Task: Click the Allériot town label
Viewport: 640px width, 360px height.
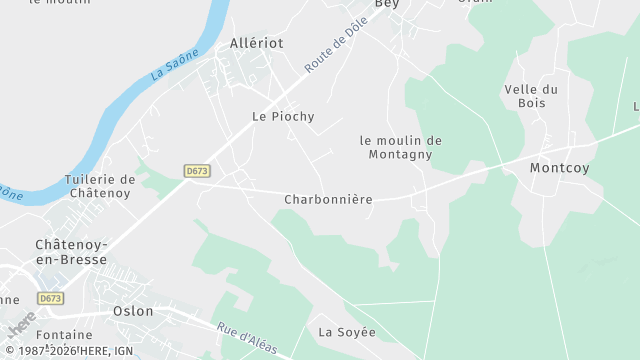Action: [257, 43]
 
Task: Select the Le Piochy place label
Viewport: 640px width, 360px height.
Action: [283, 117]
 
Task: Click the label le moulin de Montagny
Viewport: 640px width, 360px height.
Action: [400, 147]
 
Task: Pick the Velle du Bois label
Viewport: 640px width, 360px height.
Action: [531, 96]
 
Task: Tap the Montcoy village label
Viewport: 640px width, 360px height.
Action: [559, 168]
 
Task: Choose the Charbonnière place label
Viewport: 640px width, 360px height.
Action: [328, 200]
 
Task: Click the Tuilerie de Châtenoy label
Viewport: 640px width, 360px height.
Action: [99, 186]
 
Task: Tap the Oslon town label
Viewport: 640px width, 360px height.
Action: [134, 311]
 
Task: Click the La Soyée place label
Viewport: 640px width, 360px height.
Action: [347, 332]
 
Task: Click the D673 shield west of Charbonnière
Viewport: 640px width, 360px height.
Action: [197, 171]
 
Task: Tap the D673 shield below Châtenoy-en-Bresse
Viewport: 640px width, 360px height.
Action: [51, 298]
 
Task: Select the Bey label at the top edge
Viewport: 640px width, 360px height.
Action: [386, 5]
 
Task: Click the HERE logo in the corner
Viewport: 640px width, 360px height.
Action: [20, 328]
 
